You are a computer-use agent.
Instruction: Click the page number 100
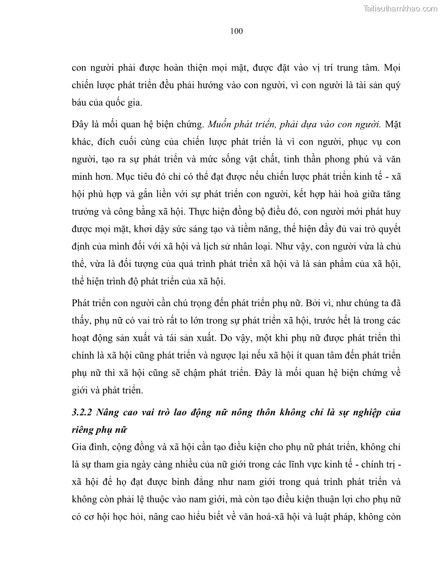[236, 31]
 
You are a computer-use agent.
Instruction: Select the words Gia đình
[88, 446]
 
